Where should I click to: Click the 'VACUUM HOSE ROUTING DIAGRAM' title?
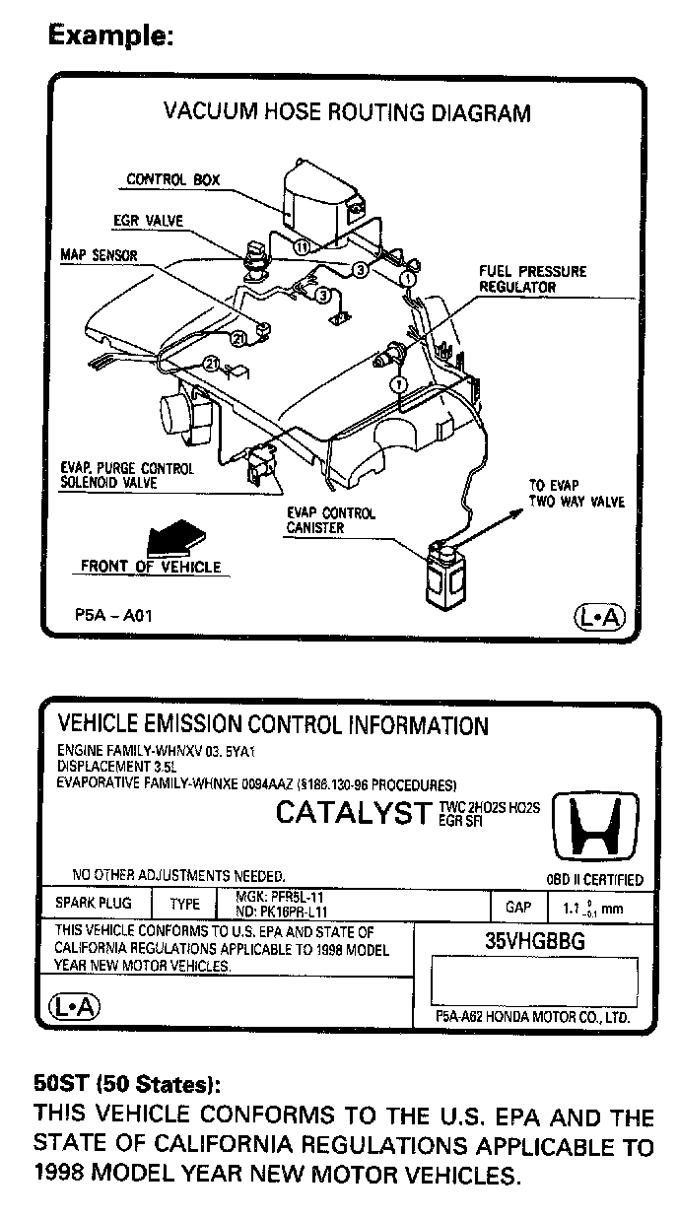[347, 112]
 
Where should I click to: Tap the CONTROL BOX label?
[172, 180]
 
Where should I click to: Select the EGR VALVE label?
[148, 220]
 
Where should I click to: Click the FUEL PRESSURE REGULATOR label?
[532, 279]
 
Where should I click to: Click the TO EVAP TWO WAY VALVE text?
[576, 494]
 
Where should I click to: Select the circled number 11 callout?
[303, 246]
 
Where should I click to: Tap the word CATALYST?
[353, 813]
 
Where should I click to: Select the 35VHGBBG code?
[534, 940]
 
